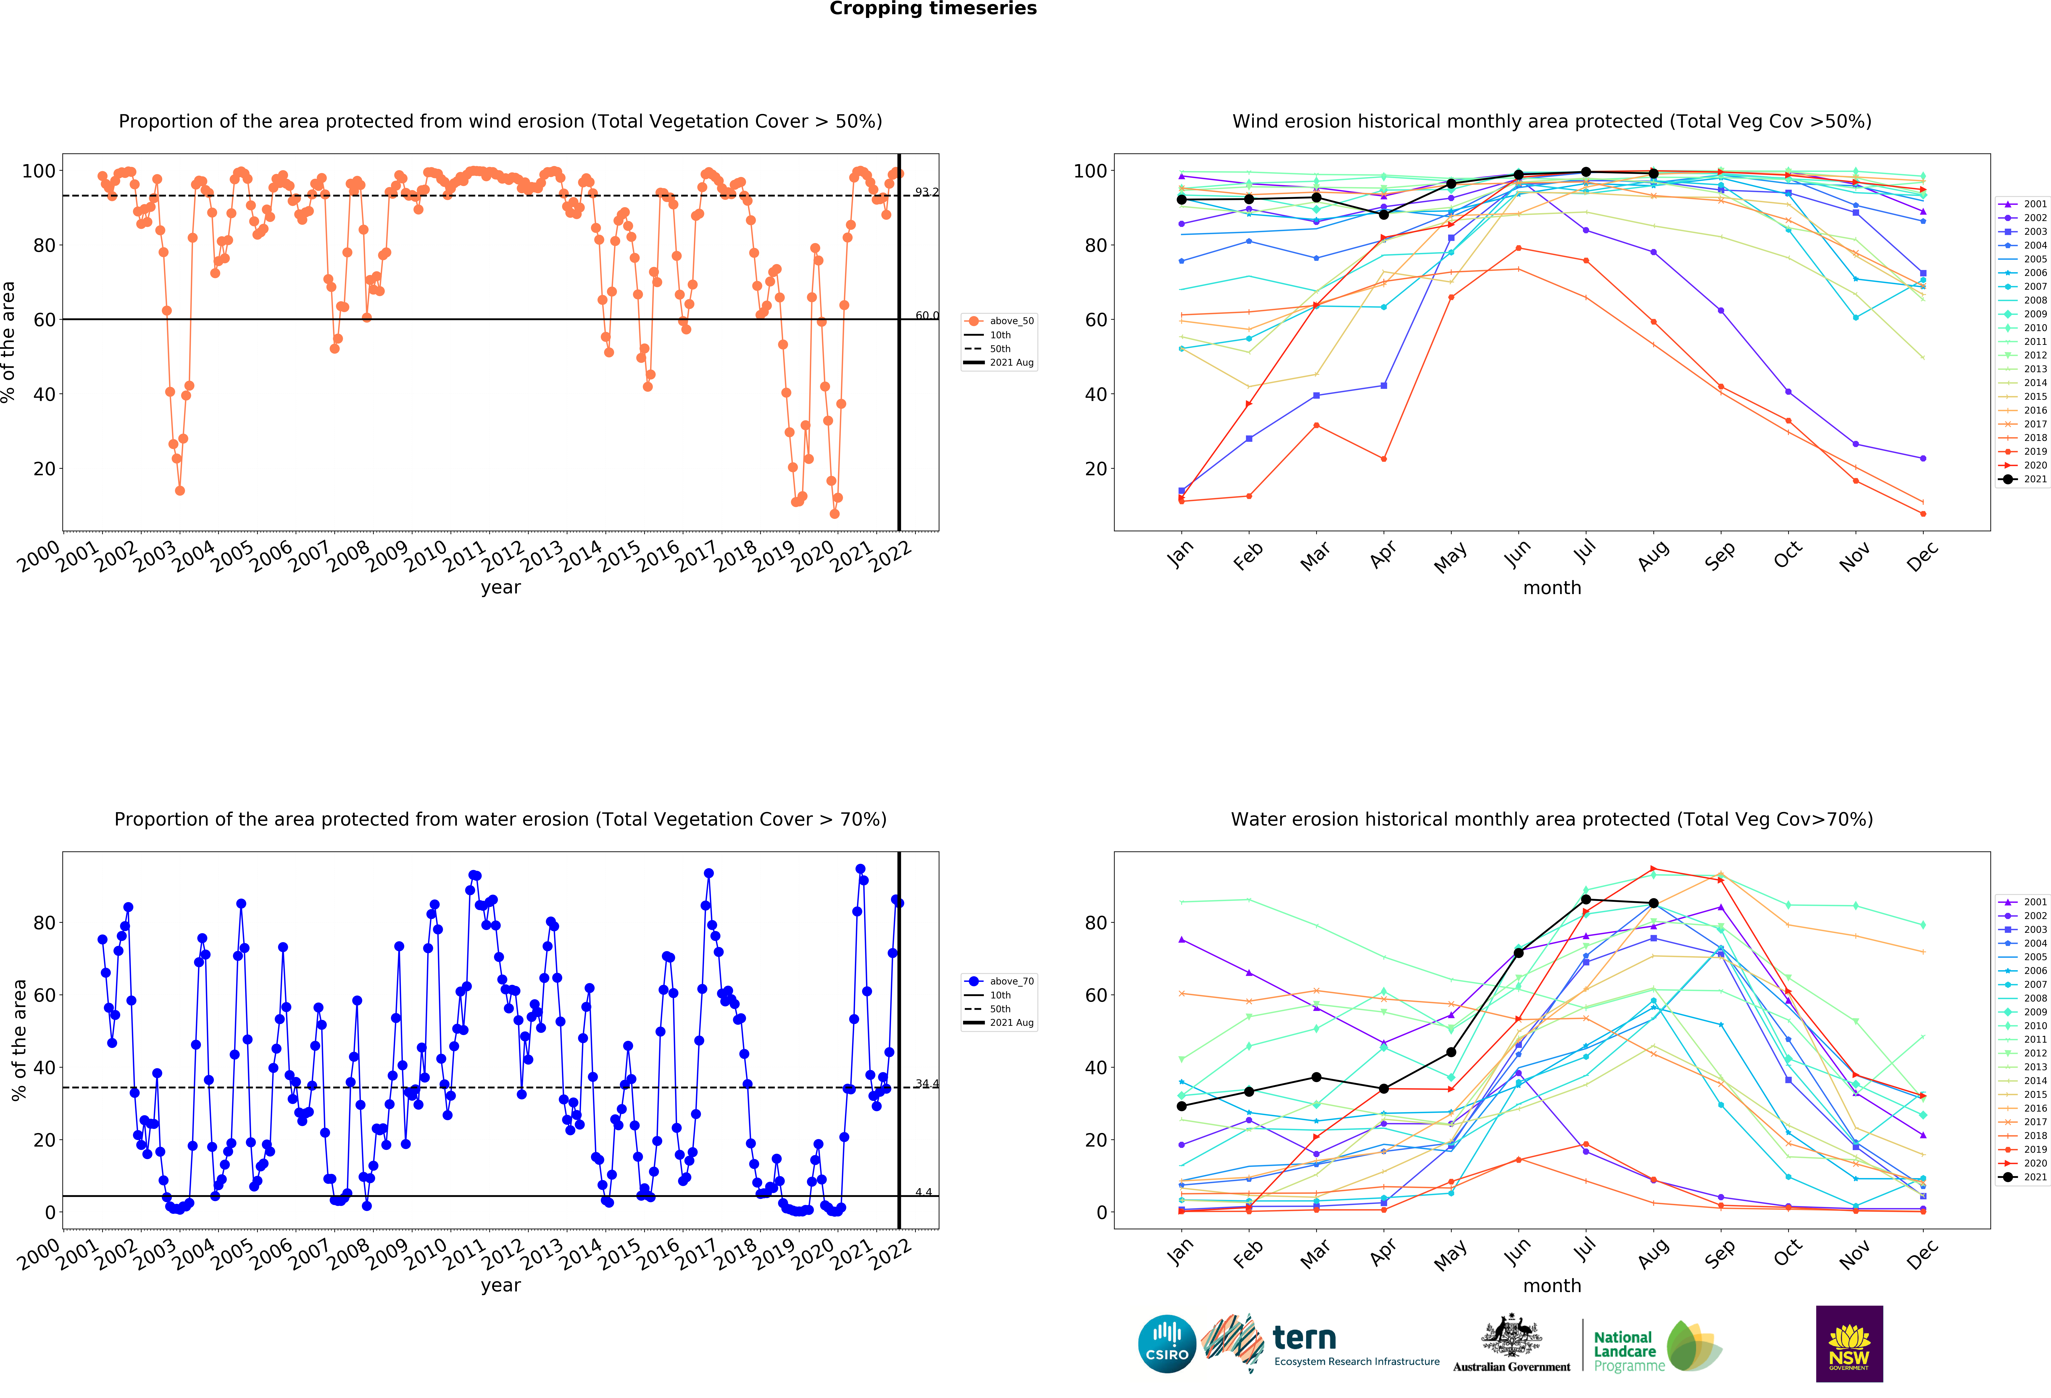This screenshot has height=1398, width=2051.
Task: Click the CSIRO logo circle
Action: click(x=1167, y=1343)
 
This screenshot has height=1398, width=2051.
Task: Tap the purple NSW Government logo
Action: click(x=1849, y=1343)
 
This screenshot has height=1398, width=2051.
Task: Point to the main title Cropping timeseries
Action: click(x=933, y=9)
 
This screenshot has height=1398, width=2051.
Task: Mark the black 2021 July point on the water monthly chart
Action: click(x=1586, y=899)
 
